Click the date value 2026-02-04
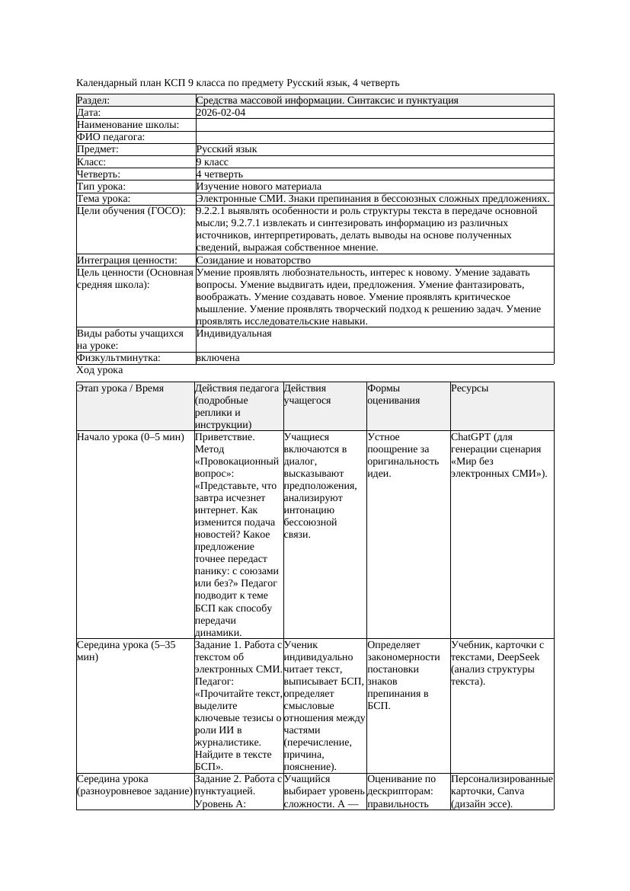221,113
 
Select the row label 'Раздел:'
94,101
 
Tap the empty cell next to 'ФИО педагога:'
373,137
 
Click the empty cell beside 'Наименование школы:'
373,125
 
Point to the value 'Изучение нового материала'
258,187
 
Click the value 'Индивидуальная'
233,334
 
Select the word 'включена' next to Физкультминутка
217,358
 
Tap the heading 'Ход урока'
100,370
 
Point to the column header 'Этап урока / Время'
120,388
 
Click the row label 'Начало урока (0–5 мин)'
130,438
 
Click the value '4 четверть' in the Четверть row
219,174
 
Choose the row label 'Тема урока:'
104,199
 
